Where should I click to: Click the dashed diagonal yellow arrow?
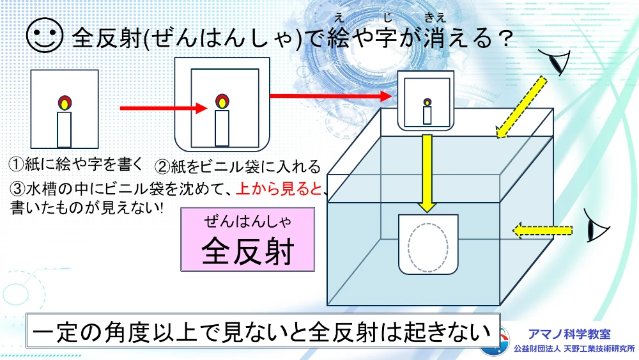coord(520,107)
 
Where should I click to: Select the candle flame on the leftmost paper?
coord(64,102)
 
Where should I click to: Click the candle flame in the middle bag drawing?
coord(222,101)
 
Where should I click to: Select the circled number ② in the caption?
coord(162,168)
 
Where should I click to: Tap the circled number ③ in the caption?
coord(17,189)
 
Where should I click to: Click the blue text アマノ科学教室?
coord(569,334)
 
